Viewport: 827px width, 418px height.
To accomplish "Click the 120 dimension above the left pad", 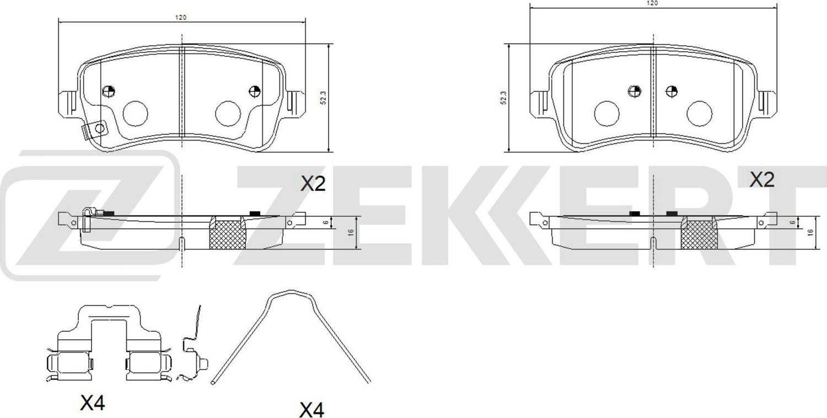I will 181,18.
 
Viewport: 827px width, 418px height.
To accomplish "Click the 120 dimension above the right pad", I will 653,3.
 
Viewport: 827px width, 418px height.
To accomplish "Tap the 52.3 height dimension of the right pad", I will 503,98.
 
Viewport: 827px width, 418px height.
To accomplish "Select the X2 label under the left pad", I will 313,184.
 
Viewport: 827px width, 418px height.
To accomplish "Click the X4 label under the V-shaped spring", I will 312,409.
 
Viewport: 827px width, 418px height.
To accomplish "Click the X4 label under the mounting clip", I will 92,404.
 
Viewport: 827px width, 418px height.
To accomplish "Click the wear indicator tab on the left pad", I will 94,130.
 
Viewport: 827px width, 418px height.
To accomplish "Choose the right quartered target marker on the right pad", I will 671,91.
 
